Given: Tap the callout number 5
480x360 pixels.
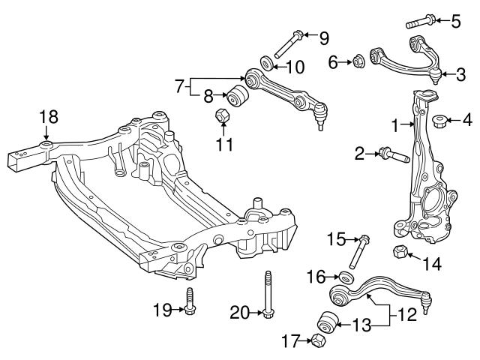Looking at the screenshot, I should click(456, 20).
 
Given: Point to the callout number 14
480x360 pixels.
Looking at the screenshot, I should click(432, 264).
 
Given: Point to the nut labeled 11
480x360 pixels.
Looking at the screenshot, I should click(221, 117).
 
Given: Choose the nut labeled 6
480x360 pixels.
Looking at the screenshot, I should click(358, 61).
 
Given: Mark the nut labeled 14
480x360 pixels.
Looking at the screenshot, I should click(400, 251).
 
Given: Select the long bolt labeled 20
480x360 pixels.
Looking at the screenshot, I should click(266, 296).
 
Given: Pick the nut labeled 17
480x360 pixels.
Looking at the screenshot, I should click(317, 341).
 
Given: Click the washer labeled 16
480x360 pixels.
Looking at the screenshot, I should click(343, 277).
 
